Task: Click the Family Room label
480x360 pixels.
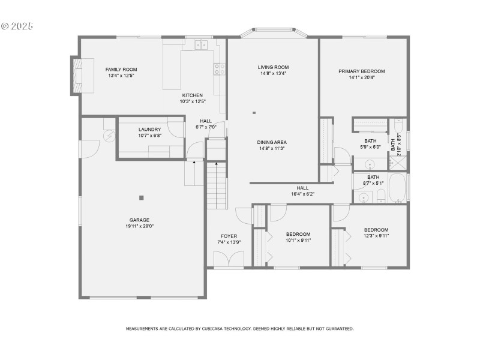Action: click(x=122, y=70)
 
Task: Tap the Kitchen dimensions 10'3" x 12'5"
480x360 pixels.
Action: click(x=193, y=101)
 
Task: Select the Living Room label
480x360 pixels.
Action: click(x=273, y=67)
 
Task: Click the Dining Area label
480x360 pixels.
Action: click(x=271, y=142)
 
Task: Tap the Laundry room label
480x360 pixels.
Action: click(x=149, y=129)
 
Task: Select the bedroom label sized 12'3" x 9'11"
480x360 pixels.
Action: click(x=376, y=230)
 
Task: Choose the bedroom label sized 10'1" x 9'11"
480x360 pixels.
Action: click(x=298, y=234)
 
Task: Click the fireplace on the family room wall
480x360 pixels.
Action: click(x=76, y=75)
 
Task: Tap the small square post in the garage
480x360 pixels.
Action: click(x=142, y=197)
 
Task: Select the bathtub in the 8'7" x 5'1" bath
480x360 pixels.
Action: click(x=398, y=188)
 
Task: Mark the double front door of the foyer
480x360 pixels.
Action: click(x=229, y=259)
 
